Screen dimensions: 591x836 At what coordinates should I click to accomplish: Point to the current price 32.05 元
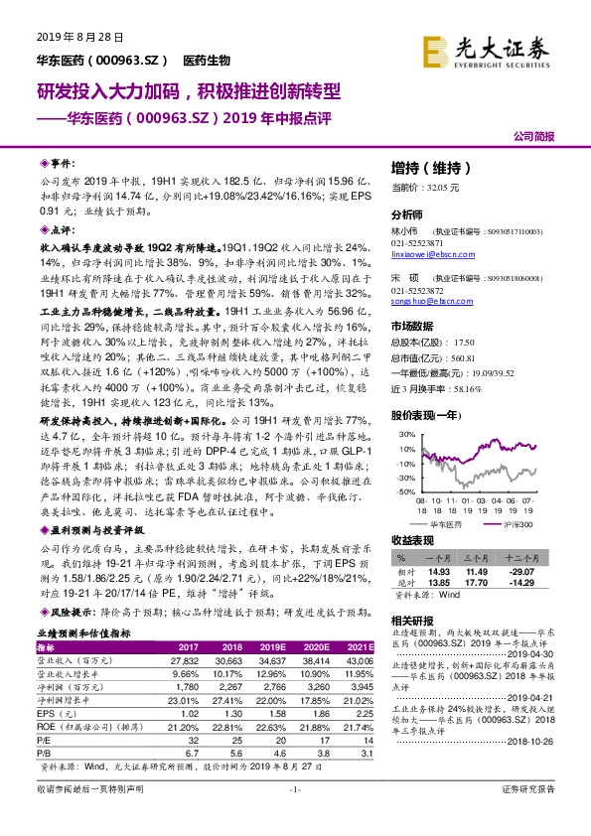[x=410, y=187]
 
